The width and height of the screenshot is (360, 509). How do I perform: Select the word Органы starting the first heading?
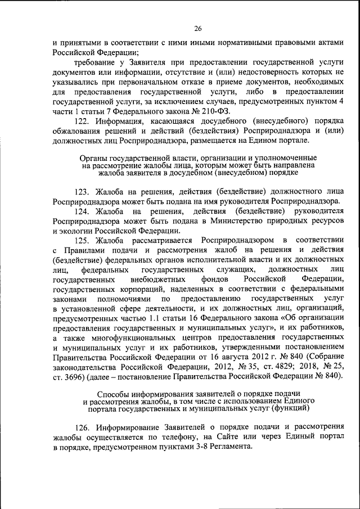[x=93, y=158]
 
